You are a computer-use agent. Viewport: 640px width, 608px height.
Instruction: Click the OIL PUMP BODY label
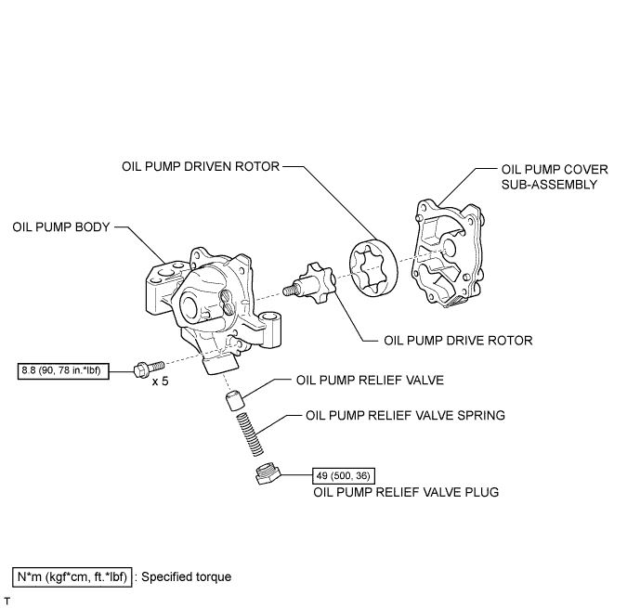tap(61, 227)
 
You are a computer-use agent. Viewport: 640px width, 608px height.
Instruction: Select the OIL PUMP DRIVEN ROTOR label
tap(201, 166)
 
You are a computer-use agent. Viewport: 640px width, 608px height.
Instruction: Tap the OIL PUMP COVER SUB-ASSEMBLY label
tap(555, 176)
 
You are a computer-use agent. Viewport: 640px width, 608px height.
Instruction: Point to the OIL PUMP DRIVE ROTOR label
tap(458, 341)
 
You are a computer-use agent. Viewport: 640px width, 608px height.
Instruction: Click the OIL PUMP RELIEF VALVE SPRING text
tap(405, 415)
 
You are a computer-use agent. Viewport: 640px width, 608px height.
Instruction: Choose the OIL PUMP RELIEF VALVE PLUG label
tap(406, 492)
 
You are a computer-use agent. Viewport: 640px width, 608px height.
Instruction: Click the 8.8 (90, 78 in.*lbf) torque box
tap(63, 370)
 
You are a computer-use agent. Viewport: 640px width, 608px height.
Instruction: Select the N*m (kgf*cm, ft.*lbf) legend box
tap(72, 577)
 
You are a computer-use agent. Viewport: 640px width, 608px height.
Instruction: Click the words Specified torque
tap(186, 577)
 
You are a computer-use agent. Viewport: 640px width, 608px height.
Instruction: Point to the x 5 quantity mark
tap(160, 382)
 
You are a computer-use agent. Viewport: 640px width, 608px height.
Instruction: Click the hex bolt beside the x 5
tap(149, 369)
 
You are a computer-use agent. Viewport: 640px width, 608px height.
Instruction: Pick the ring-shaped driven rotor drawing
tap(373, 268)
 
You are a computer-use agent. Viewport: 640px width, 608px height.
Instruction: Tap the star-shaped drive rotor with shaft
tap(311, 283)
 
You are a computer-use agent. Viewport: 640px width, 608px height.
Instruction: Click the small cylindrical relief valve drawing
tap(235, 400)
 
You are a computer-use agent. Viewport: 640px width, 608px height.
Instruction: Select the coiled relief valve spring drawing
tap(250, 433)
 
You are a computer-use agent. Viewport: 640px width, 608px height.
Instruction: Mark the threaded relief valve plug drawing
tap(268, 473)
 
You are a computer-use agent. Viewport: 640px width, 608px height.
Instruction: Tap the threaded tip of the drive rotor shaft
tap(290, 290)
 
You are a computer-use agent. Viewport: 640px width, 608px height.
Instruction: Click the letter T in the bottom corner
tap(7, 602)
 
